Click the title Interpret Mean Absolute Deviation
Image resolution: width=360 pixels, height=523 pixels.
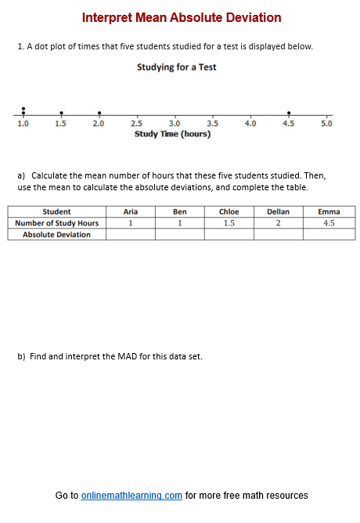181,18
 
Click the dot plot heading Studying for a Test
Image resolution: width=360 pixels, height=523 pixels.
176,67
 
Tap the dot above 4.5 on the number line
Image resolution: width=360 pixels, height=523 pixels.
289,113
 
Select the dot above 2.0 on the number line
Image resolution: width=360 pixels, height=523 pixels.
99,113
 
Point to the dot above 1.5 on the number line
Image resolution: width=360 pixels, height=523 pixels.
61,113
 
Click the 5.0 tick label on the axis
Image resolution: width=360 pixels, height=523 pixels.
326,124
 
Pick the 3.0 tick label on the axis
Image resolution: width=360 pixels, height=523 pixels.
175,124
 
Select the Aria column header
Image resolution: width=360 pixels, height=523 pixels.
131,211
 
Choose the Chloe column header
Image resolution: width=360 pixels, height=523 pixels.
229,211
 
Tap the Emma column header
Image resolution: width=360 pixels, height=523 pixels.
329,211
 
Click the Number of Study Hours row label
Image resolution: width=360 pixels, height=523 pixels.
56,223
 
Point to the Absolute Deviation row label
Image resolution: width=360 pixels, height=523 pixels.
56,234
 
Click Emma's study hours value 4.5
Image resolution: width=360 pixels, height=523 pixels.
329,223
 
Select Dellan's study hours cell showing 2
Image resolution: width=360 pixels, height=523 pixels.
278,223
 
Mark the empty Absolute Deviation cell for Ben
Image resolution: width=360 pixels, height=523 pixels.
179,234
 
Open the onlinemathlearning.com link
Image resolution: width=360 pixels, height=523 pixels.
131,496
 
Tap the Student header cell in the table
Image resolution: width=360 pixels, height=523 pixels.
56,211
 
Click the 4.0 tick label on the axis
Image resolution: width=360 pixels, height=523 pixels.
250,124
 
